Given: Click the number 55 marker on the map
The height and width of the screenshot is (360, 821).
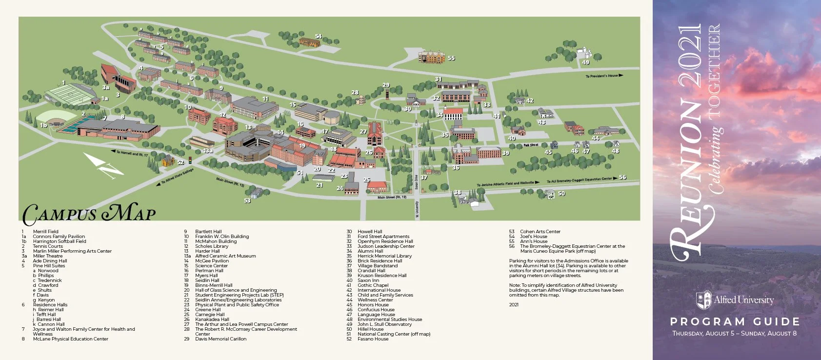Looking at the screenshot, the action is pyautogui.click(x=451, y=58).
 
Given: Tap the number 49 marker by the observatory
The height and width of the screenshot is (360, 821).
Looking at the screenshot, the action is pyautogui.click(x=585, y=62).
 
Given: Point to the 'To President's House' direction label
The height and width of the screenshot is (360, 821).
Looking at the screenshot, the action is pyautogui.click(x=604, y=76).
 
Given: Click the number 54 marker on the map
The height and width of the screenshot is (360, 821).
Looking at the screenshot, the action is pyautogui.click(x=318, y=37).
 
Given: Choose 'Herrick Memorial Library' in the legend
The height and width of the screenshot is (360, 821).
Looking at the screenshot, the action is pyautogui.click(x=384, y=256).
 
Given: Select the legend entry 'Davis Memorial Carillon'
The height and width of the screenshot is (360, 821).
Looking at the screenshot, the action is pyautogui.click(x=220, y=339).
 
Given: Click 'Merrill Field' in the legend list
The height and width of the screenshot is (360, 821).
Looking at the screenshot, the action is pyautogui.click(x=45, y=232).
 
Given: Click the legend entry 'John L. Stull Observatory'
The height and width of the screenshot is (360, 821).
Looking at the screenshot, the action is pyautogui.click(x=384, y=324).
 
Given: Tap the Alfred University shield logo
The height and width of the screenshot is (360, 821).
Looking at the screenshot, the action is pyautogui.click(x=703, y=300).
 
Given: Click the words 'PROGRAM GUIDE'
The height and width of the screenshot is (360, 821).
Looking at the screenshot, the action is pyautogui.click(x=735, y=322).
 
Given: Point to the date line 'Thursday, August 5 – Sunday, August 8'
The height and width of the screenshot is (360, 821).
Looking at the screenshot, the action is pyautogui.click(x=735, y=334).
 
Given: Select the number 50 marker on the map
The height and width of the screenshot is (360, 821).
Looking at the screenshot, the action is pyautogui.click(x=561, y=194).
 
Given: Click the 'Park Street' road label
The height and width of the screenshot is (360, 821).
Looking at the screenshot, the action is pyautogui.click(x=531, y=145).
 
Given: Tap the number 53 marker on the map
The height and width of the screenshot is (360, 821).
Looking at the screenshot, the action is pyautogui.click(x=247, y=200).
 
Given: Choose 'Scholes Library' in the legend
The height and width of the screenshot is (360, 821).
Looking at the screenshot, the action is pyautogui.click(x=211, y=246).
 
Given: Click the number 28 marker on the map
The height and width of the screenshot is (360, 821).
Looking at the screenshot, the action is pyautogui.click(x=355, y=93).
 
